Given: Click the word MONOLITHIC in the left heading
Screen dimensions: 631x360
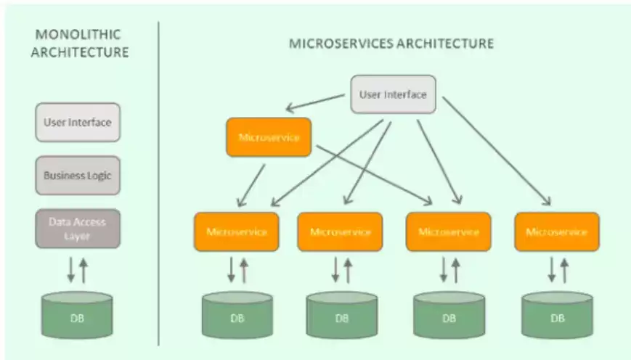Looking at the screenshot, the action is [x=78, y=35].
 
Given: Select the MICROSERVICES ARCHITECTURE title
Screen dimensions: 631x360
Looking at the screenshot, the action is [x=391, y=44].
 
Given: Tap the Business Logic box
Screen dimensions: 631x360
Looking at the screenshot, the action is [x=78, y=176].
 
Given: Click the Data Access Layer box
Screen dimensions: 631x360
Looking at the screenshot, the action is [x=78, y=229].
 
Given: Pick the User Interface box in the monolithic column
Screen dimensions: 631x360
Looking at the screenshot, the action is [x=78, y=122].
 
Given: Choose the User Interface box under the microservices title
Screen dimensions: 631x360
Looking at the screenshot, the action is [x=393, y=94].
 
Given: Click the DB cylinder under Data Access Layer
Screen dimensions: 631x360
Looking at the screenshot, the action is [x=77, y=315].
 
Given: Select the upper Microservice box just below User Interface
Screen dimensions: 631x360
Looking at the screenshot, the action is [x=269, y=137].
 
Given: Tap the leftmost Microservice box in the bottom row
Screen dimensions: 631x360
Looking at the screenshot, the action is [x=237, y=232].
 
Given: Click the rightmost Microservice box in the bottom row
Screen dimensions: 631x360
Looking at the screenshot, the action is [x=557, y=232].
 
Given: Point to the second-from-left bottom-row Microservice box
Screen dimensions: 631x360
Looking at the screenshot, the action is [x=340, y=232].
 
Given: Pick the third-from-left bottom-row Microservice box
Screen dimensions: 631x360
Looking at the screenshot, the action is [x=448, y=232].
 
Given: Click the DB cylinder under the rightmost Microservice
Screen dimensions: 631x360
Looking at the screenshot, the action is [x=558, y=315].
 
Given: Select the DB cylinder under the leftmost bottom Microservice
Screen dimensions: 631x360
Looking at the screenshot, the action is [x=237, y=315].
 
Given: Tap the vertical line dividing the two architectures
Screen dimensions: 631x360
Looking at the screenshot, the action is [x=158, y=184].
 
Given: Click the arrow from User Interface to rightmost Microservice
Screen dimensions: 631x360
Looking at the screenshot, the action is [x=497, y=151].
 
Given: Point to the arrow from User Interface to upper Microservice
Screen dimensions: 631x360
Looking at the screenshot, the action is [x=315, y=102].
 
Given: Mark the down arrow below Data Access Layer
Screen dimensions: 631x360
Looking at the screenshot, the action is [x=71, y=270].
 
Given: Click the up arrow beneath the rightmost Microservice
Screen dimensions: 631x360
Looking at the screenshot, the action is [x=564, y=270].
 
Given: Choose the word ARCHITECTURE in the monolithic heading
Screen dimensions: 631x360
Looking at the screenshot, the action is [x=80, y=52].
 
